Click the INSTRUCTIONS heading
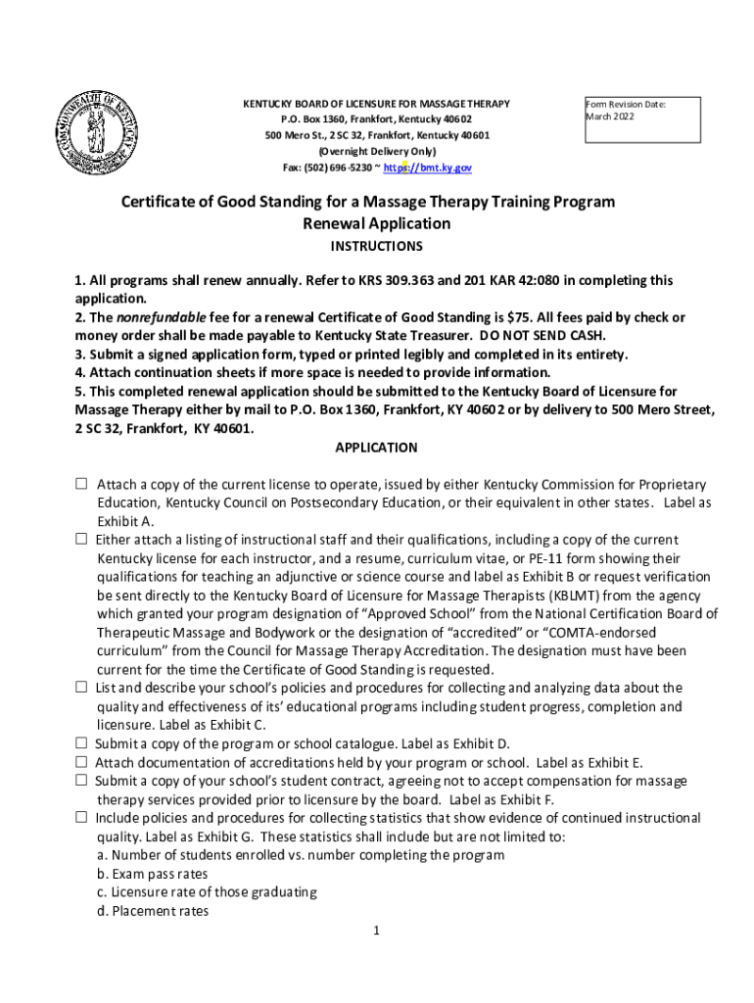coord(377,246)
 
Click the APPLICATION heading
coord(377,448)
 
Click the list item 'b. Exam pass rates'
coord(152,874)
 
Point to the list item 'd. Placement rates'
coord(153,911)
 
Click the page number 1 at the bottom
coord(376,930)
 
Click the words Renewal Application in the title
coord(377,223)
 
